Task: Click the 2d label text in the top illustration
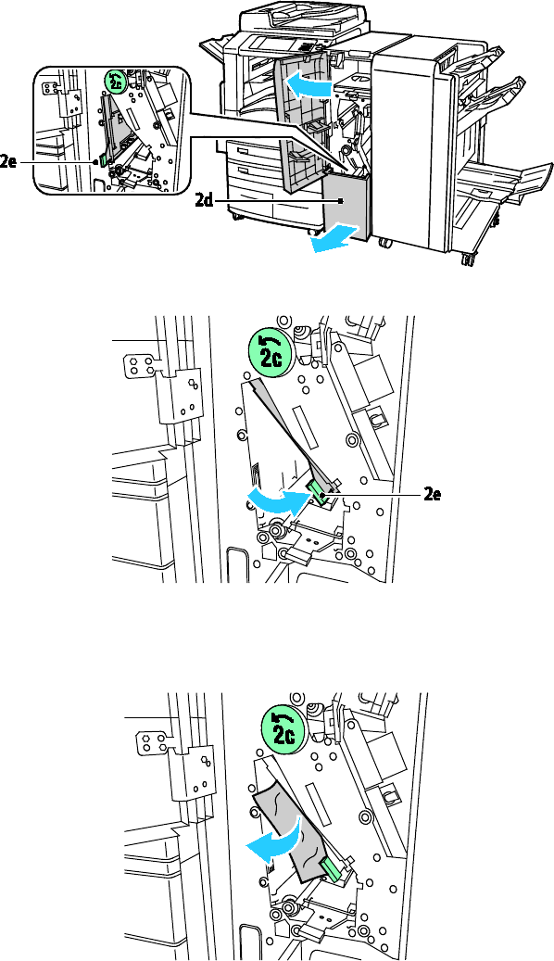(x=204, y=200)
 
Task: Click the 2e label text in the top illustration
(x=8, y=162)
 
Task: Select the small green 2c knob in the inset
(x=115, y=81)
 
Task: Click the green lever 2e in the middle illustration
(x=319, y=493)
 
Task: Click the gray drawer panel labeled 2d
(x=346, y=207)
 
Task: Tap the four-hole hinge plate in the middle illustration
(x=138, y=365)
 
